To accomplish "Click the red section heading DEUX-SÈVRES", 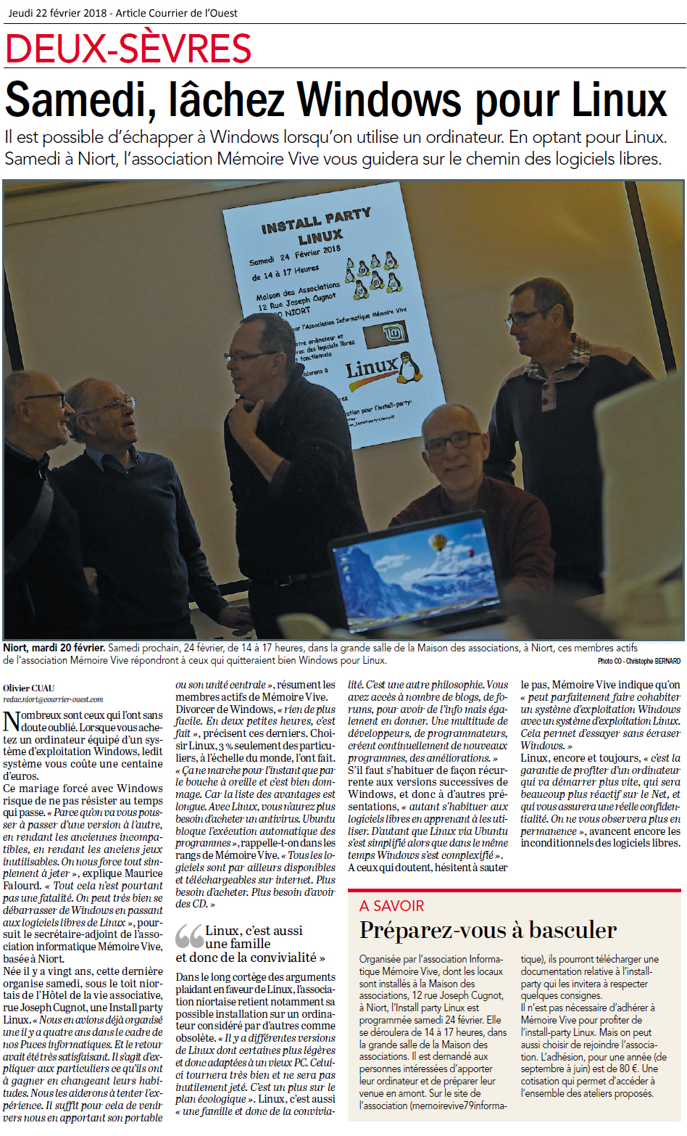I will (128, 49).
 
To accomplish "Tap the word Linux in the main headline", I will (620, 100).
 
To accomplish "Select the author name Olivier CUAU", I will (29, 688).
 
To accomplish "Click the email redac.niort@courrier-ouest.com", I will (53, 699).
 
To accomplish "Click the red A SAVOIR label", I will (392, 905).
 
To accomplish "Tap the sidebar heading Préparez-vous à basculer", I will (488, 930).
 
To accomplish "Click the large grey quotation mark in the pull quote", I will (189, 937).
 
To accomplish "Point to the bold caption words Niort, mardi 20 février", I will (54, 648).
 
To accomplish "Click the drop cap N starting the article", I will (12, 722).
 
